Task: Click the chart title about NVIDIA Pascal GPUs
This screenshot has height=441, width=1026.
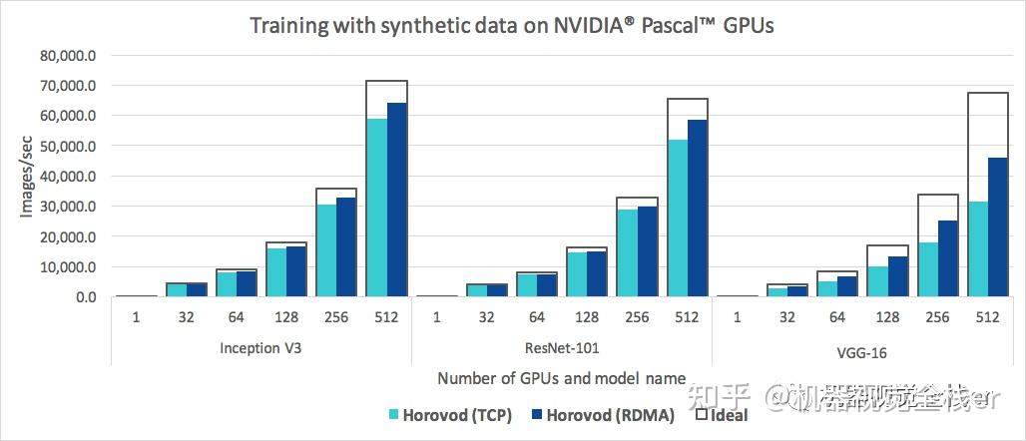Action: click(x=511, y=25)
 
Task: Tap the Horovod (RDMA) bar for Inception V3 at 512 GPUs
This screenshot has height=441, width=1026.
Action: click(x=397, y=200)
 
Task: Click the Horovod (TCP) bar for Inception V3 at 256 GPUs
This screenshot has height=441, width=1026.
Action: click(x=326, y=250)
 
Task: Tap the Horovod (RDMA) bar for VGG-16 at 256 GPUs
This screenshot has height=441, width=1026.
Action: click(x=946, y=258)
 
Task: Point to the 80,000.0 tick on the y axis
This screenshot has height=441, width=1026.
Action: click(x=67, y=55)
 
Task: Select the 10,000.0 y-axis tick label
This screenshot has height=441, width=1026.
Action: click(x=67, y=266)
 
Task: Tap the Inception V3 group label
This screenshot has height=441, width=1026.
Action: click(x=261, y=352)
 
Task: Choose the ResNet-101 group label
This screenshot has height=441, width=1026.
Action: click(x=561, y=352)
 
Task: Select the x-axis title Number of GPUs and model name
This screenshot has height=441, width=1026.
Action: click(x=561, y=378)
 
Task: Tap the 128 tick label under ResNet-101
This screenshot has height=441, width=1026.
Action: click(x=587, y=317)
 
